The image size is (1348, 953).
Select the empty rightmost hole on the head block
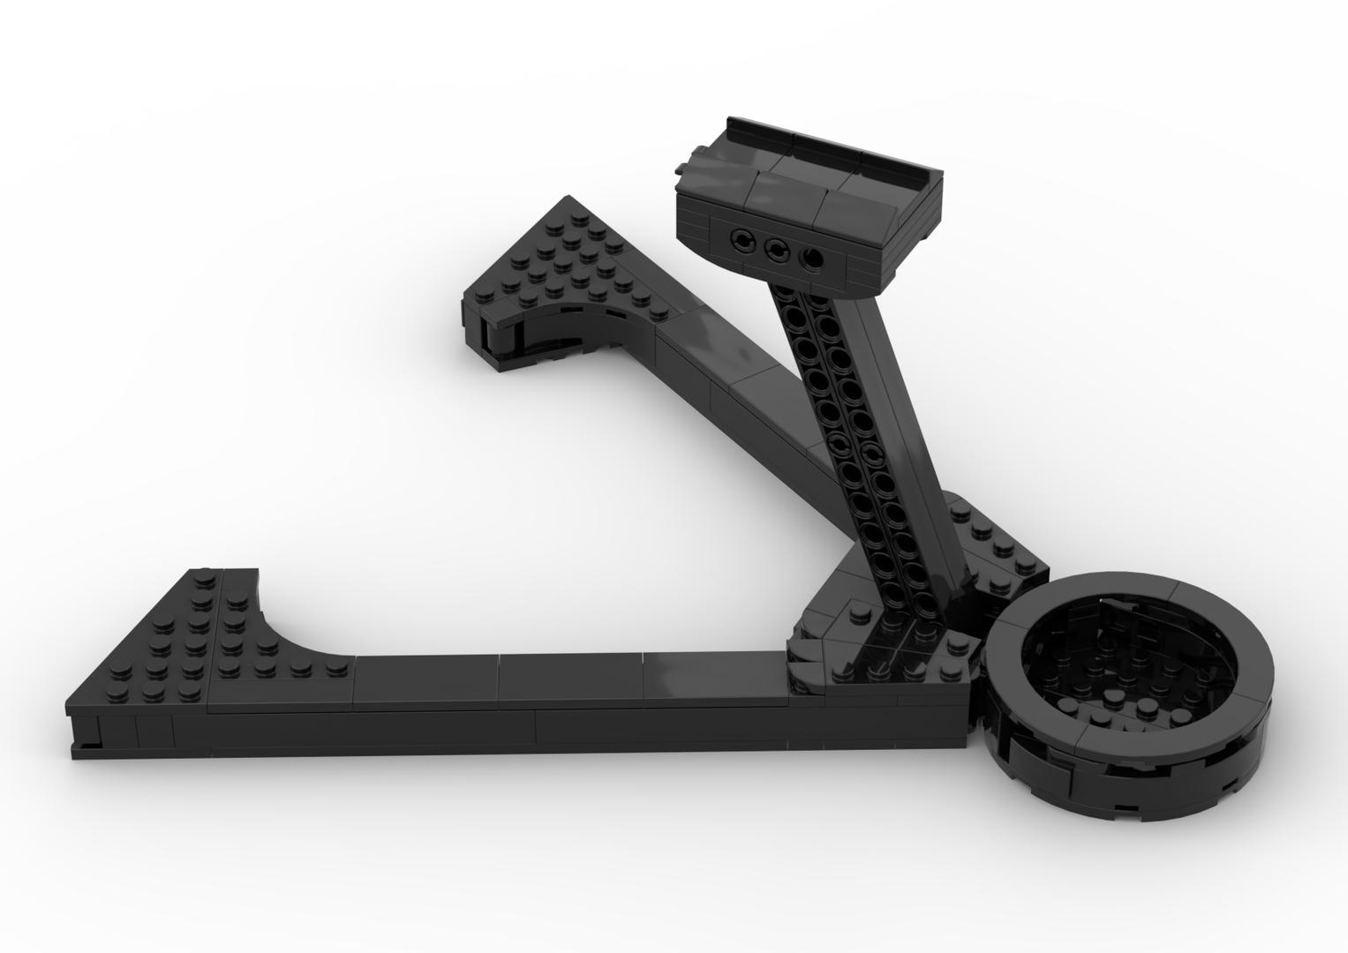[810, 258]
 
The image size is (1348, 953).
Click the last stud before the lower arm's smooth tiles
[334, 668]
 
